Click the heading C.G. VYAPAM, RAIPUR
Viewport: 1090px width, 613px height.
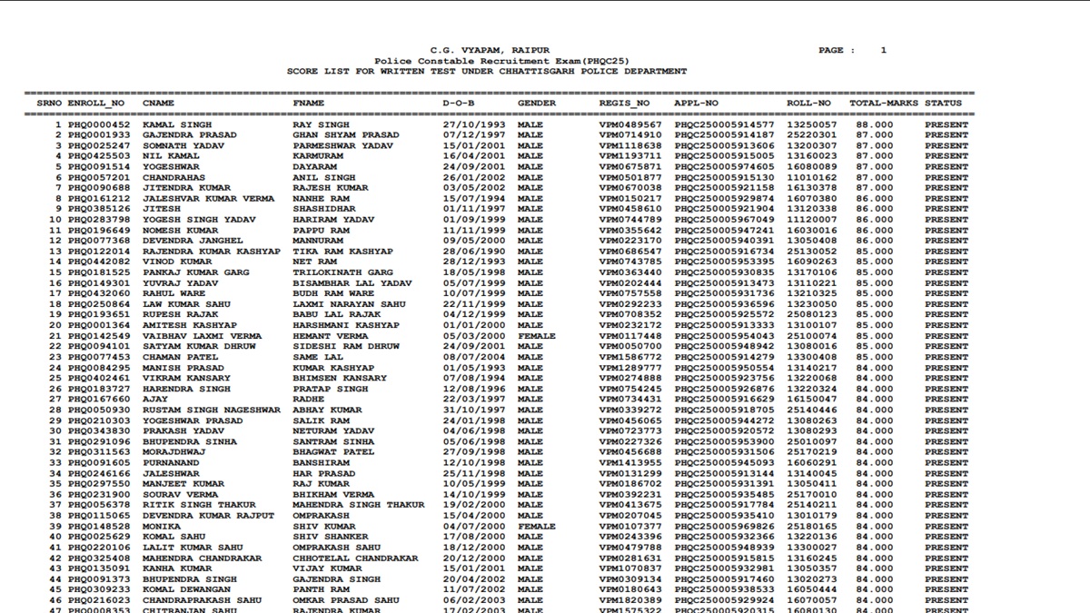[490, 50]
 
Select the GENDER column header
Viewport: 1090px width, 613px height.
[537, 104]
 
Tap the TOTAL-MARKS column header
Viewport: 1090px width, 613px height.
[884, 104]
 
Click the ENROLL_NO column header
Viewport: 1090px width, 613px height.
[96, 104]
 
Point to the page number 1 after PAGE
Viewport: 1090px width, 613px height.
[883, 50]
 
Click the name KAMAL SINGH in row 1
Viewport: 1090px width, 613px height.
[177, 125]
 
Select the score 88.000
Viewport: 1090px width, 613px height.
[874, 125]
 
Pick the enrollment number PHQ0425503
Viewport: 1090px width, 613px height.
[99, 156]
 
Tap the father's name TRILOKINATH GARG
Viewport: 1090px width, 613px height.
[342, 272]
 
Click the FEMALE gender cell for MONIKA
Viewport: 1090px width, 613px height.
[536, 526]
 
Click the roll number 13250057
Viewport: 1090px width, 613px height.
[812, 125]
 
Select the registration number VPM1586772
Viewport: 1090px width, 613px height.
[630, 357]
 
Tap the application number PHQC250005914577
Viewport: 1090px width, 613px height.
[724, 125]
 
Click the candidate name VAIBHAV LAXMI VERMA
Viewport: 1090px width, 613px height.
[202, 336]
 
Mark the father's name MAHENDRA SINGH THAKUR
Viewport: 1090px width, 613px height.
[359, 505]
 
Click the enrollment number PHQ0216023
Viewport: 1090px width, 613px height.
[99, 599]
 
